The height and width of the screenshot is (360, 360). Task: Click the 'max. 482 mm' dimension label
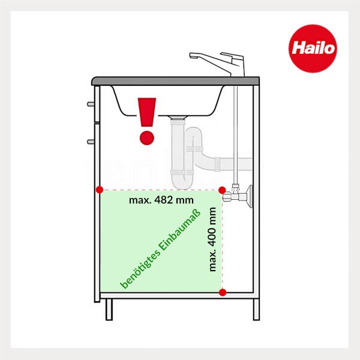[x=161, y=200]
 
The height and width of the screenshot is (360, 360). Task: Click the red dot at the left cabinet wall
[x=99, y=190]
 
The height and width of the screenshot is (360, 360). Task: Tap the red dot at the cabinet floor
[x=223, y=293]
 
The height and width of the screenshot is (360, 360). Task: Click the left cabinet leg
[x=109, y=310]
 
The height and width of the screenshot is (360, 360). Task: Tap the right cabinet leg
[x=256, y=310]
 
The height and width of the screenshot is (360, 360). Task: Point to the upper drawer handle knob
[x=91, y=103]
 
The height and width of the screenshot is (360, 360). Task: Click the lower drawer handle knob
[x=91, y=142]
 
